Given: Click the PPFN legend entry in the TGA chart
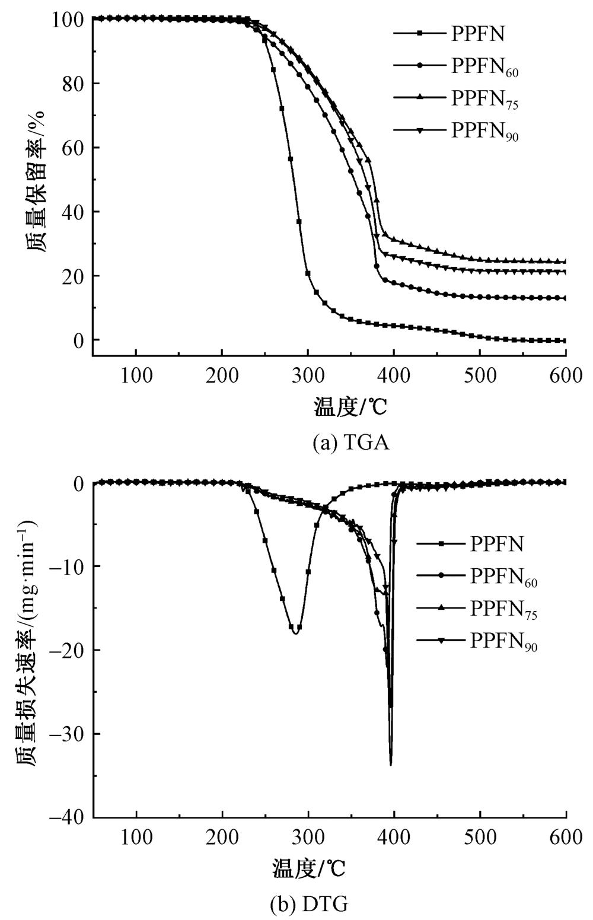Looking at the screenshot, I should click(478, 33).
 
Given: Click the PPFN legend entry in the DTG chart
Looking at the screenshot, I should click(497, 543).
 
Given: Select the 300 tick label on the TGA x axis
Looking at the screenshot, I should click(308, 375).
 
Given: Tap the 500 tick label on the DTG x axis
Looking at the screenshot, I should click(480, 838).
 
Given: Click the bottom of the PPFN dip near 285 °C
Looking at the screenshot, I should click(295, 633).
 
